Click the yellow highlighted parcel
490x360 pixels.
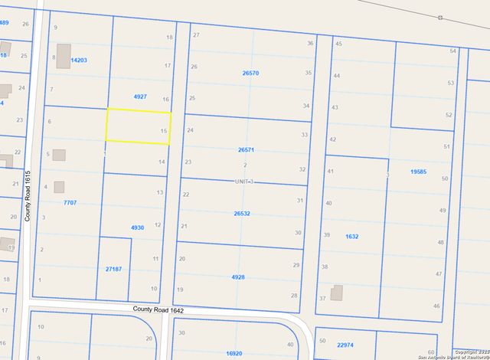tap(138, 126)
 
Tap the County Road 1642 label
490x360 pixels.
tap(158, 309)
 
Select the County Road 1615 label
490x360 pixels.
tap(27, 196)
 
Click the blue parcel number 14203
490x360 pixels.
tap(79, 60)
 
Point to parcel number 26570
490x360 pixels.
tap(250, 74)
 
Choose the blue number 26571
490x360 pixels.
tap(246, 151)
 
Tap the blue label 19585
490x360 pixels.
tap(418, 172)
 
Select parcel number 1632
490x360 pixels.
tap(351, 237)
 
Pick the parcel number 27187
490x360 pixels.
tap(113, 269)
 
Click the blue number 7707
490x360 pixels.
tap(70, 202)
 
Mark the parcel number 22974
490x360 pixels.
tap(349, 345)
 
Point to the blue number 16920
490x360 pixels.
tap(234, 354)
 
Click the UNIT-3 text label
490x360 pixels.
tap(243, 182)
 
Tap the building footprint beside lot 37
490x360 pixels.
tap(337, 294)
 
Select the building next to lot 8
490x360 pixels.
tap(61, 51)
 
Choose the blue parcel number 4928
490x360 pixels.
tap(238, 277)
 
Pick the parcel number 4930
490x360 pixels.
tap(138, 227)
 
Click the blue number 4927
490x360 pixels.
tap(140, 97)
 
